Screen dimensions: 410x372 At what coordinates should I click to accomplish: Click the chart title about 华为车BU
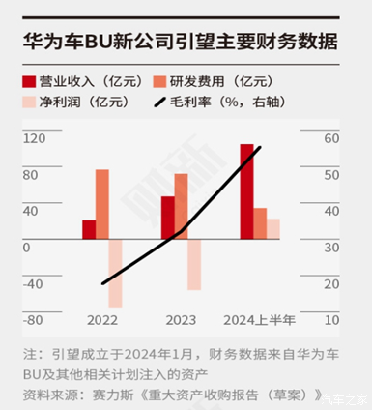tap(180, 42)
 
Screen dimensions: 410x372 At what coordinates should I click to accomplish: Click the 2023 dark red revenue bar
tap(167, 217)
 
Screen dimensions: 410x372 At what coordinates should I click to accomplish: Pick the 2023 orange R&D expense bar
tap(181, 206)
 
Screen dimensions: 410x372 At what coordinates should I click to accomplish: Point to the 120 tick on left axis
tap(34, 138)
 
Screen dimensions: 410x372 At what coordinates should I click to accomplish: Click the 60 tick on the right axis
tap(329, 138)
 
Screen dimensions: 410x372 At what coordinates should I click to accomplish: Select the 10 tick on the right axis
tap(329, 320)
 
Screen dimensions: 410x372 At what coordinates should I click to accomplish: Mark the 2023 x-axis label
tap(181, 320)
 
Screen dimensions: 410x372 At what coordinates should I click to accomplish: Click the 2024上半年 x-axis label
tap(259, 320)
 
